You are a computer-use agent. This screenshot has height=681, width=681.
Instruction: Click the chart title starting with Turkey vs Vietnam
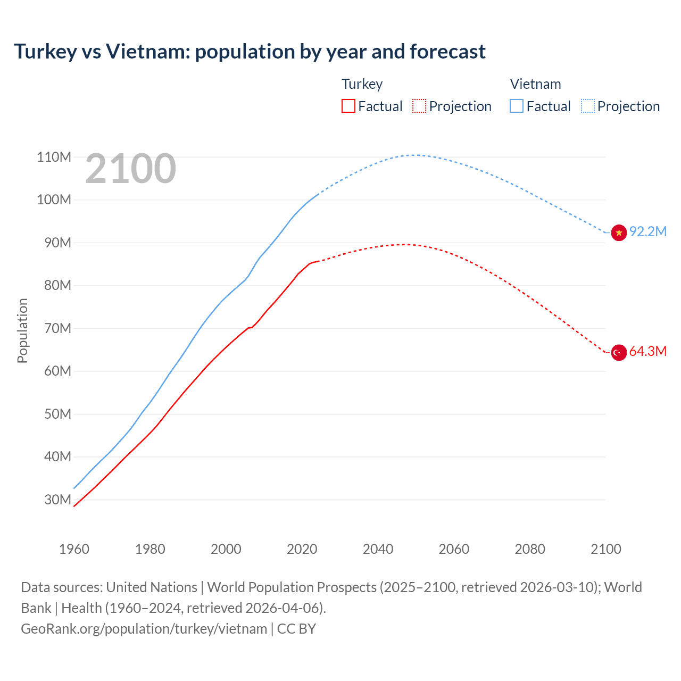pos(250,52)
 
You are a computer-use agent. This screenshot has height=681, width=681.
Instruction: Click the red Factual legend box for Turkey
pos(348,106)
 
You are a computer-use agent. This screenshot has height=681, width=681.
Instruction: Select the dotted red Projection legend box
pos(419,106)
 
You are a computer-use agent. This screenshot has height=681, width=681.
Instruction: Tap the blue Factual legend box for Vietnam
pos(516,106)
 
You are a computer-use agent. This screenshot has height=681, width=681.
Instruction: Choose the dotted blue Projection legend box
pos(587,106)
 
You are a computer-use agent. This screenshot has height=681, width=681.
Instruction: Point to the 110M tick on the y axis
pos(54,157)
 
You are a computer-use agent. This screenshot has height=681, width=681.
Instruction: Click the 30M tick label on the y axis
pos(57,500)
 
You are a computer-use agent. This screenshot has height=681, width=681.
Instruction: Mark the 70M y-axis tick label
pos(57,328)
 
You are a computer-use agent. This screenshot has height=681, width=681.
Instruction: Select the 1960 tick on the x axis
pos(74,549)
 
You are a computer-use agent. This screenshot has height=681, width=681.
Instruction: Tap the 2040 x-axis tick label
pos(378,549)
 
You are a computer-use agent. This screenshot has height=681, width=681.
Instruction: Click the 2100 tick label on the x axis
pos(605,549)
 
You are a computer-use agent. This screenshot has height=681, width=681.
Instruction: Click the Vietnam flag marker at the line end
pos(619,232)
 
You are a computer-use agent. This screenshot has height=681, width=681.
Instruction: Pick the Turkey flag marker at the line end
pos(619,352)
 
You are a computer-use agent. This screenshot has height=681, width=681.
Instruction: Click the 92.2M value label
pos(647,231)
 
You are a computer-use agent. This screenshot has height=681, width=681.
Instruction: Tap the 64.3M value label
pos(647,351)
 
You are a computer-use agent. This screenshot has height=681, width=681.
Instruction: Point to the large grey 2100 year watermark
pos(130,169)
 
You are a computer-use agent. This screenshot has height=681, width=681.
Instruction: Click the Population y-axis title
pos(22,330)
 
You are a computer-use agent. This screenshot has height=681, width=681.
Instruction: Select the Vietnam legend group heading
pos(535,84)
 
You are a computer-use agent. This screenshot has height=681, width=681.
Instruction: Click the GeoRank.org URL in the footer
pos(144,628)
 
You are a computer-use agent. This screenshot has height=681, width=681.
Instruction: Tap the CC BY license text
pos(296,628)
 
